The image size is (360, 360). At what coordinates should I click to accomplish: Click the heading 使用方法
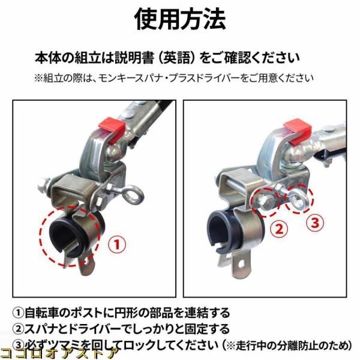coord(180,19)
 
